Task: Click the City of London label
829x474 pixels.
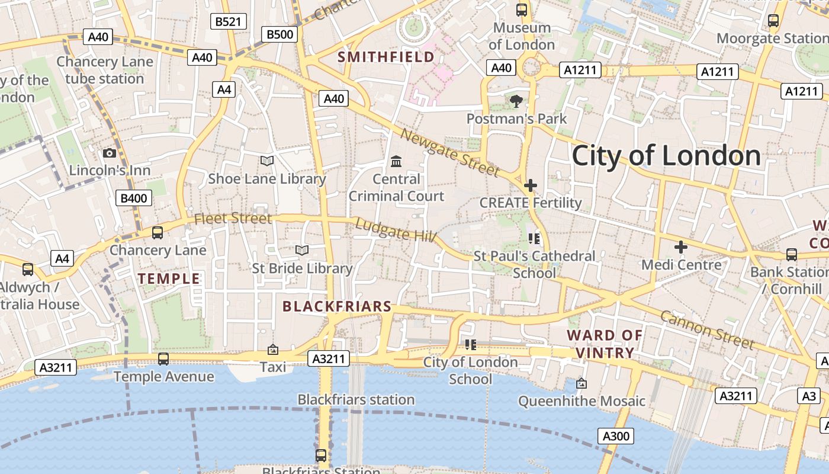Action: [x=666, y=156]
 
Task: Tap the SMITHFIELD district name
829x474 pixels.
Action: [x=386, y=57]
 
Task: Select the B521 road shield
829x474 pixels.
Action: [x=229, y=22]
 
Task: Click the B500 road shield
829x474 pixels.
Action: [x=279, y=34]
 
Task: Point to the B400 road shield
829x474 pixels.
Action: [x=133, y=198]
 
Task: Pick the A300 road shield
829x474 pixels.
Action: [x=616, y=437]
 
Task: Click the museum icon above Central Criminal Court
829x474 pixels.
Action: [x=396, y=161]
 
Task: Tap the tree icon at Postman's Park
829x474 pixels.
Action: [x=516, y=101]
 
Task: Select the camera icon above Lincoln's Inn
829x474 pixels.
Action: [x=110, y=153]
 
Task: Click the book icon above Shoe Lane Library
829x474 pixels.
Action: [x=267, y=161]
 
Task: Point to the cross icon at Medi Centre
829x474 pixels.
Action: [x=681, y=246]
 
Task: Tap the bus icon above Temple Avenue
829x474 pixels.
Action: [x=163, y=359]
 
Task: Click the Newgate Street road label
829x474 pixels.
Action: [x=450, y=151]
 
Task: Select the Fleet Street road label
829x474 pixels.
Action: [x=233, y=218]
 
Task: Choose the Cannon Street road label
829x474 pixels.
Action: [x=707, y=329]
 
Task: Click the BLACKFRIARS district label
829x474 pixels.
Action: [x=337, y=306]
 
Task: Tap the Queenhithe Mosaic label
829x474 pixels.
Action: [x=581, y=401]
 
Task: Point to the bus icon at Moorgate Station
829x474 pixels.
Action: [x=773, y=21]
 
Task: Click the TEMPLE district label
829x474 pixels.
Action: [x=169, y=278]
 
